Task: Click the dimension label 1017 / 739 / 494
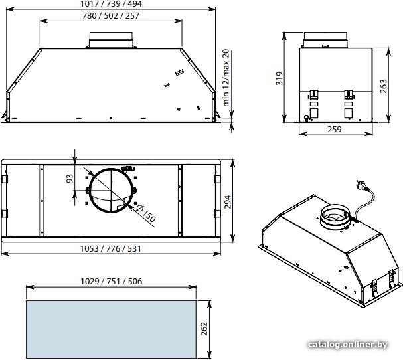111,4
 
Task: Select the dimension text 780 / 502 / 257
111,16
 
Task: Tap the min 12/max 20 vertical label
226,78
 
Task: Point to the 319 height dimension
279,78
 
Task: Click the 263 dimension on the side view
383,86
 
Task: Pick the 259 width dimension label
335,129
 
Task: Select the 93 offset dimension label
70,179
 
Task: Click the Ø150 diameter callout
145,213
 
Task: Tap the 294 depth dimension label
228,202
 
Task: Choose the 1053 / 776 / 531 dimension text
111,249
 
